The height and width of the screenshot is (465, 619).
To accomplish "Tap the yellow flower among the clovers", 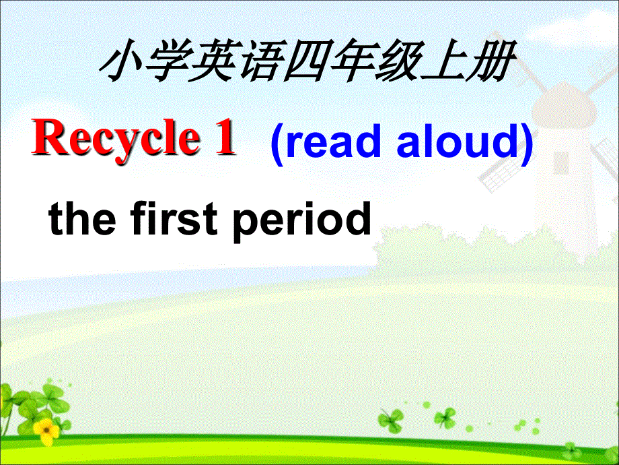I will (x=46, y=429).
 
